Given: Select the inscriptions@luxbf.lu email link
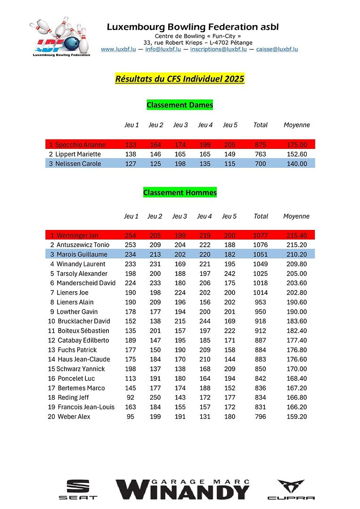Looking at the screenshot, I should coord(218,49).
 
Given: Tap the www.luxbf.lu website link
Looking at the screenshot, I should coord(118,49).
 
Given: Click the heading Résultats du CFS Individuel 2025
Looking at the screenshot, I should coord(180,79).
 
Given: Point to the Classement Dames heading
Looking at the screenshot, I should coord(180,105).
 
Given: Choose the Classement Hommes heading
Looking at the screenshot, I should coord(180,192).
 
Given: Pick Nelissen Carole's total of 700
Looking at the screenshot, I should coord(260,164).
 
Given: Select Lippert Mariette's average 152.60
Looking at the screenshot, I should coord(297,154).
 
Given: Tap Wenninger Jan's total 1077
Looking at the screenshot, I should coord(260,235).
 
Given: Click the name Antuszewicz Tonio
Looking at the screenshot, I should coord(83,245).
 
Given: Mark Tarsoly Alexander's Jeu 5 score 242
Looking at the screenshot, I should coord(229,273).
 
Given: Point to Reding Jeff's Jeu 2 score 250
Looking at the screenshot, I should coord(155,397).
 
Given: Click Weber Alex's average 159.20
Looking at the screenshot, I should coord(297,417).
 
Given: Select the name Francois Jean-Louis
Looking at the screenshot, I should coord(86,407).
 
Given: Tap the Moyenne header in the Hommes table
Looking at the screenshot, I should coord(296,216).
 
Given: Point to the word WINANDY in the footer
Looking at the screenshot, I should coord(183,492).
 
